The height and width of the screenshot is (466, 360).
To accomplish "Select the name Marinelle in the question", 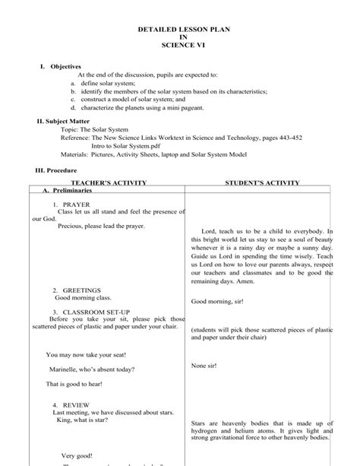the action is [63, 369].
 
